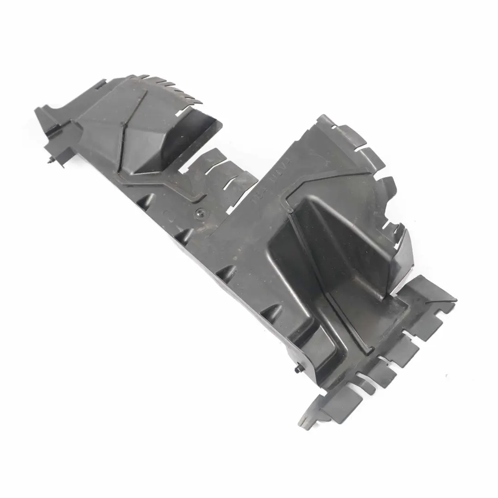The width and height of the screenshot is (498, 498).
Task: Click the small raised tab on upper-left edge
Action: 101,84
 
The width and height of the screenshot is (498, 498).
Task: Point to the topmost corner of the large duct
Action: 323,117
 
